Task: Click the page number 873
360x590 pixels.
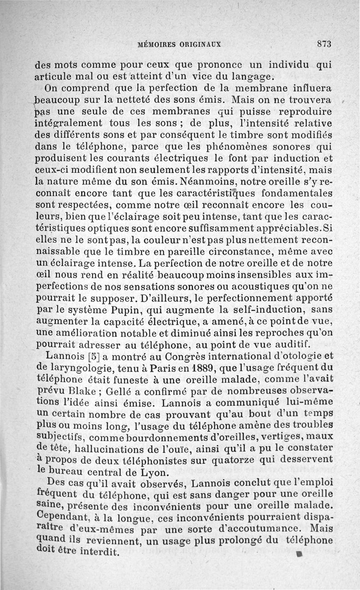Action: [x=324, y=44]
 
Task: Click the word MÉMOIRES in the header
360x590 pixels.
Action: [x=158, y=45]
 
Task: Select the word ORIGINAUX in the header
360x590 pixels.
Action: [x=201, y=45]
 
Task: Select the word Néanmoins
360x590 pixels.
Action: [x=207, y=183]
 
